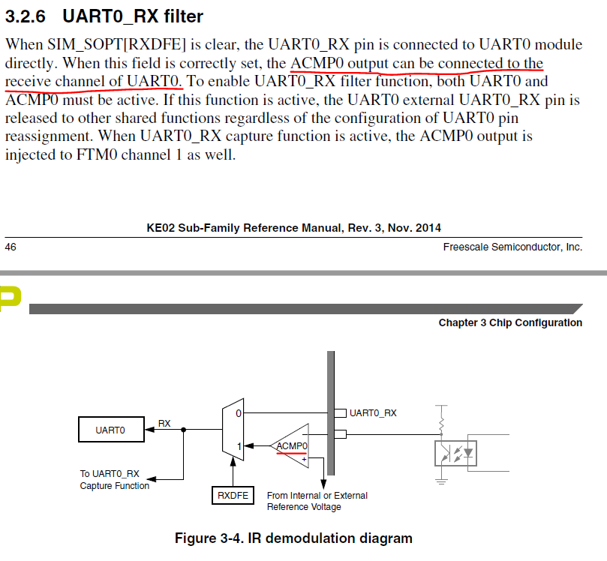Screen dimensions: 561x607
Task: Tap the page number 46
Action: tap(11, 247)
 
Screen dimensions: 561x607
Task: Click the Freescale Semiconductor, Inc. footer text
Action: tap(512, 247)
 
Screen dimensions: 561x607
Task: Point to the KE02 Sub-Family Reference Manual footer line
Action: tap(294, 228)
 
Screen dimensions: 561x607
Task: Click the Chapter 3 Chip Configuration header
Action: tap(510, 322)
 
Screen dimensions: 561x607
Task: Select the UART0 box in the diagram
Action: tap(110, 430)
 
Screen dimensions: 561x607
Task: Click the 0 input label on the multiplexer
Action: tap(239, 413)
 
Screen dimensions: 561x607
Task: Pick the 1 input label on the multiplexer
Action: tap(239, 446)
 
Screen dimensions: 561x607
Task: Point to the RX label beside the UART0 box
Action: tap(164, 423)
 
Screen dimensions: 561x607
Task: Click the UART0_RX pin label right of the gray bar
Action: tap(373, 412)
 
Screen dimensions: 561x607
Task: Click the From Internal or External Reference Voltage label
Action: tap(317, 501)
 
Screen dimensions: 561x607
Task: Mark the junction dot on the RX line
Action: tap(184, 430)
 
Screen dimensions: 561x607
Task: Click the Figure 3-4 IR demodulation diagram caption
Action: tap(293, 538)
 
